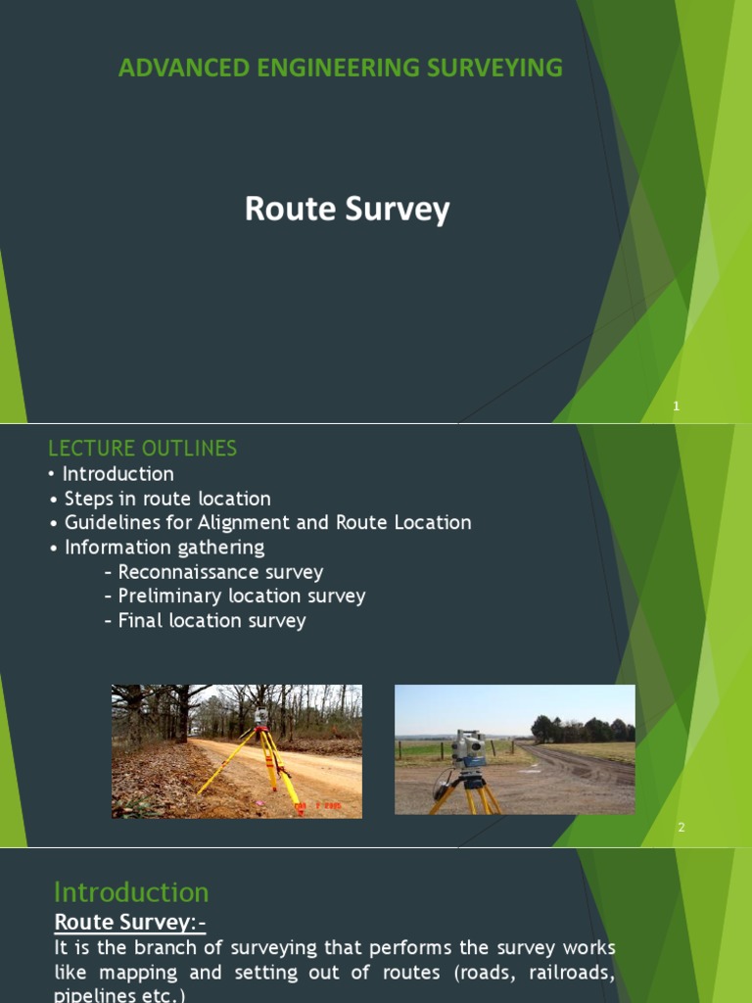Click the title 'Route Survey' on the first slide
347,209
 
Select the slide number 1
676,406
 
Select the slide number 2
681,828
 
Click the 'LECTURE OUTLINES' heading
142,449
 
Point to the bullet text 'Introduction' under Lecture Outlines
117,474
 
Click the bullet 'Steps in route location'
167,499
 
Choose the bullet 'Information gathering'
164,548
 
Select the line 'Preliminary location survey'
241,596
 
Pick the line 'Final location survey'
211,620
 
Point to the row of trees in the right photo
583,730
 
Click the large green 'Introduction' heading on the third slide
131,892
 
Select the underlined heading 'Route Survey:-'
129,922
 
